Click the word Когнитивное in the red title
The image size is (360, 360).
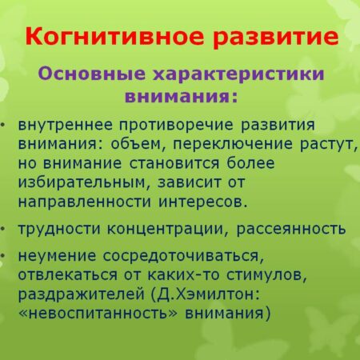[x=105, y=38]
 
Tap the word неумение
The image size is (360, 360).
[x=59, y=256]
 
